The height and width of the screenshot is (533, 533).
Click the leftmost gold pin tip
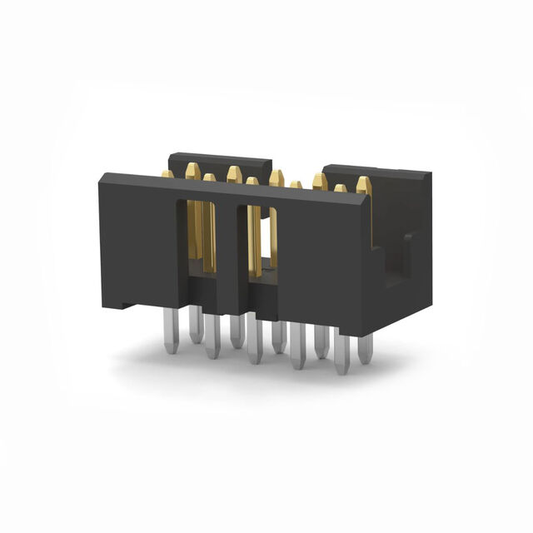167,174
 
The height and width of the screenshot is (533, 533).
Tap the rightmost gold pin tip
364,183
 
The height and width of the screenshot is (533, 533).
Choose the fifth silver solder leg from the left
255,345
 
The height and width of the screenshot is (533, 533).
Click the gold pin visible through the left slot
207,237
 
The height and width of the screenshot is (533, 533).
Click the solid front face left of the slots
137,242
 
